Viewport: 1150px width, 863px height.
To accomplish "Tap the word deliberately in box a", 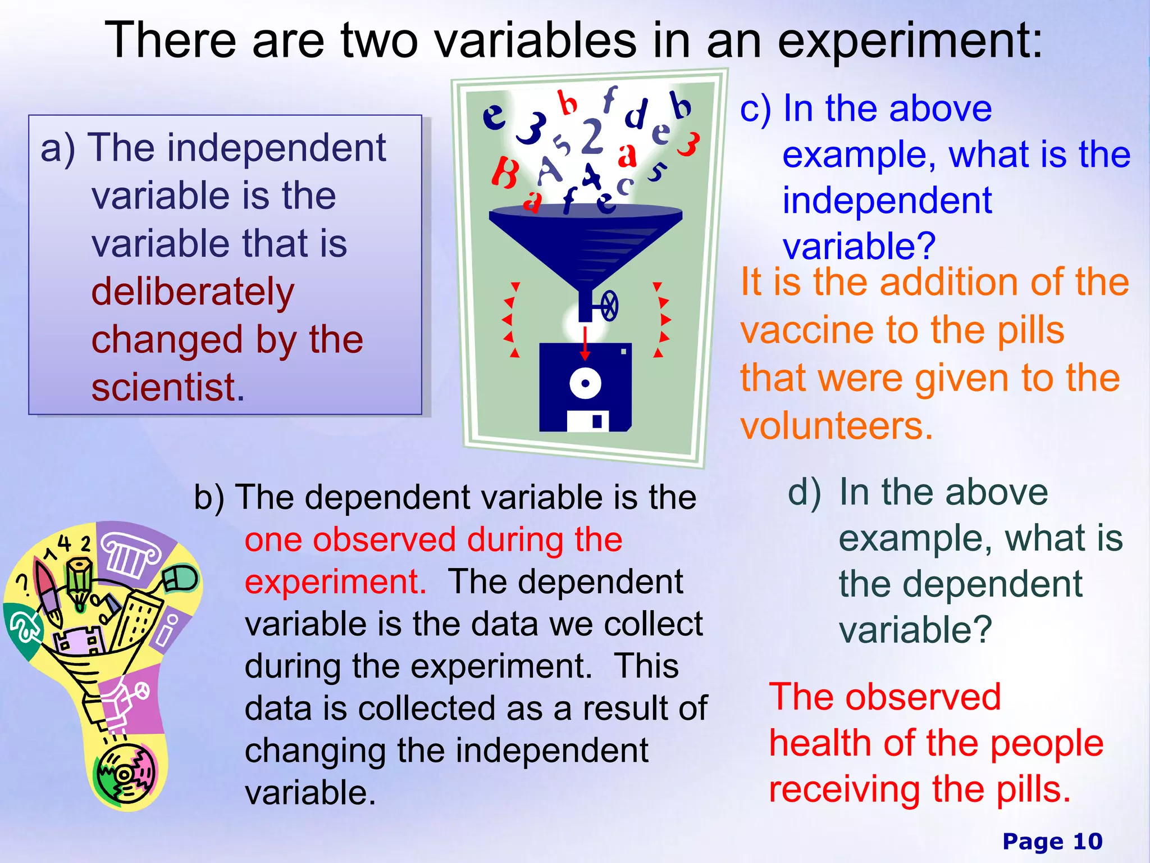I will click(193, 292).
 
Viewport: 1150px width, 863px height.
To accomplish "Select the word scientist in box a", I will click(168, 388).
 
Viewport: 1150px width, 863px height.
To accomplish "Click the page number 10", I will click(1087, 842).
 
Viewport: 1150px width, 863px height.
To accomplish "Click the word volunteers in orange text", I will click(836, 426).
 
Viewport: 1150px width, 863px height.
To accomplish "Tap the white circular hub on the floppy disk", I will click(585, 384).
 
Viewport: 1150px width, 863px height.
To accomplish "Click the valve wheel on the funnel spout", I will click(609, 307).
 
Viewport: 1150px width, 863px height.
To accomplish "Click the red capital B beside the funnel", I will click(505, 172).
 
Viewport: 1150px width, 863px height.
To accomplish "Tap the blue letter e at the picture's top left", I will click(494, 117).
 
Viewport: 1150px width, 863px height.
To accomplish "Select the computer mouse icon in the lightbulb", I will click(181, 579).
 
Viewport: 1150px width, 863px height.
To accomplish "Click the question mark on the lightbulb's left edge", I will click(23, 584).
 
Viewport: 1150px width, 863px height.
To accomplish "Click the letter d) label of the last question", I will click(804, 492).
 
